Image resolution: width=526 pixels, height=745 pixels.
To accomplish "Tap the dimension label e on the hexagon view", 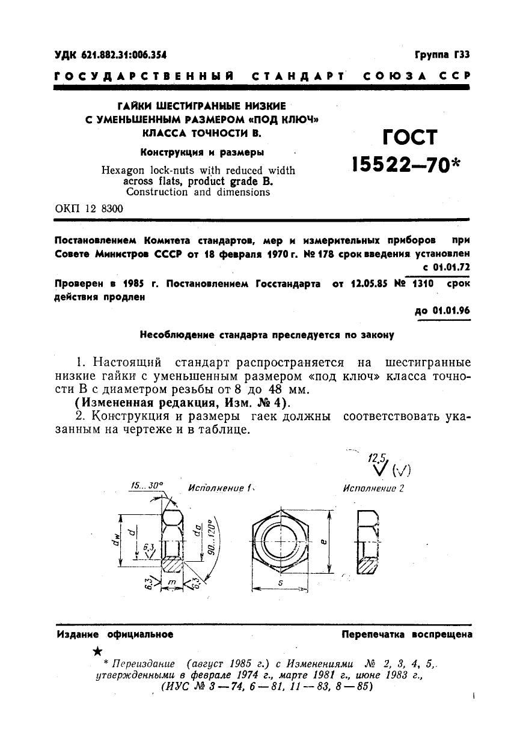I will coord(323,541).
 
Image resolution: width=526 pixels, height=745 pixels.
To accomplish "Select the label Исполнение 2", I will coord(374,488).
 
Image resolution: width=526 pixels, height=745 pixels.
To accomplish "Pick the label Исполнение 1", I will coord(218,488).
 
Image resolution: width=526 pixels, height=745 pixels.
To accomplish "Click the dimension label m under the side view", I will coord(171,582).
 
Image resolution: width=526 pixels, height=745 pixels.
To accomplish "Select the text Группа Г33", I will coord(442,55).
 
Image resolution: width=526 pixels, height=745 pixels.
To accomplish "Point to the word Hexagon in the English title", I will coord(122,170).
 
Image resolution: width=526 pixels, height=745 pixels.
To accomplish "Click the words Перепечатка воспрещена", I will coord(406,634).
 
